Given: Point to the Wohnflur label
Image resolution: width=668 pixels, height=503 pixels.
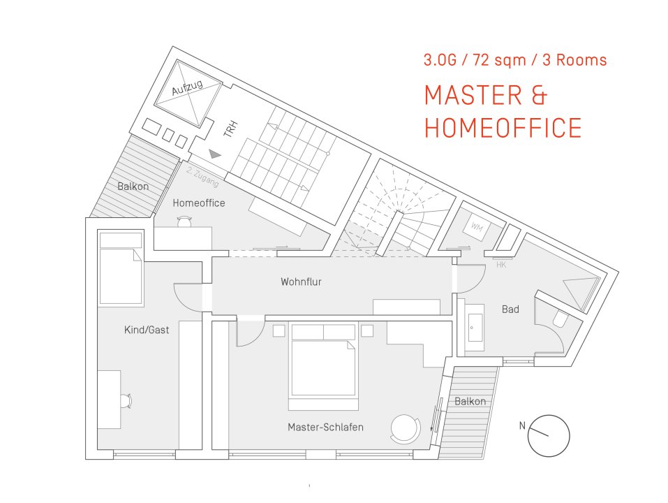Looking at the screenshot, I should tap(301, 282).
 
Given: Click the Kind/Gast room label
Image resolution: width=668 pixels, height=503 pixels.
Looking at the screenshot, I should tap(147, 330).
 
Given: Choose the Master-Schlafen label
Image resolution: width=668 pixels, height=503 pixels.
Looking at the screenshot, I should tap(325, 427).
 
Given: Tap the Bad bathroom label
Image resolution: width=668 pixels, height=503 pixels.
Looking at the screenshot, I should tap(510, 309).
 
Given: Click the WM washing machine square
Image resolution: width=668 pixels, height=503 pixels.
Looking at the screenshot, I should tap(477, 227).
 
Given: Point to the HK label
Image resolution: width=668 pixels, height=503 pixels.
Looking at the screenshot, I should tap(500, 265).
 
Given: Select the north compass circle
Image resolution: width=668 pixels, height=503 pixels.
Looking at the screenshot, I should tap(549, 435).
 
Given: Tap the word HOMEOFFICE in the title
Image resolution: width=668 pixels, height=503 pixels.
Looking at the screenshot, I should tap(503, 128).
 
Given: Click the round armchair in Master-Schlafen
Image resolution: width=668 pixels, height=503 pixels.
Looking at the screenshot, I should tap(405, 428).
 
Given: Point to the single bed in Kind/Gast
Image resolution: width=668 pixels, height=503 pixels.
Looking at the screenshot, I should tap(121, 270).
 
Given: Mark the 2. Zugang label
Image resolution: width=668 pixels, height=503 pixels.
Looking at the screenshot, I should tap(203, 177).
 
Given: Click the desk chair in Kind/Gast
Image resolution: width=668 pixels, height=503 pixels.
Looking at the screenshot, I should tap(125, 400).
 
